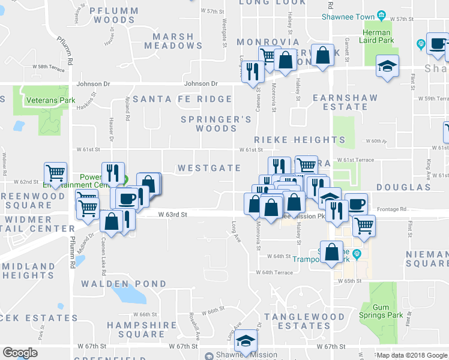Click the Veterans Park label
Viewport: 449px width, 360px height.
pos(50,100)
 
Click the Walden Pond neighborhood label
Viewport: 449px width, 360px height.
pos(124,284)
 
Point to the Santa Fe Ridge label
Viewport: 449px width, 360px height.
pos(182,99)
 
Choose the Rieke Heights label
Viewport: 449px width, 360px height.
pos(299,140)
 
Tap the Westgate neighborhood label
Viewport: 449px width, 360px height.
pos(209,169)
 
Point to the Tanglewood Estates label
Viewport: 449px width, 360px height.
pos(305,322)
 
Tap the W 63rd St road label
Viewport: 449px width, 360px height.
pos(173,214)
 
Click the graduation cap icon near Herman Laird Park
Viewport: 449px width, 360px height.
pos(387,67)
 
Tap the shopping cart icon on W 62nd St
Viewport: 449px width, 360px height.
pos(55,173)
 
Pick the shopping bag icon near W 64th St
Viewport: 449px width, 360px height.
pos(331,253)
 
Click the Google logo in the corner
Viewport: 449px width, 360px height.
pos(20,353)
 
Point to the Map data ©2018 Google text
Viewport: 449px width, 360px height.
pos(412,355)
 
